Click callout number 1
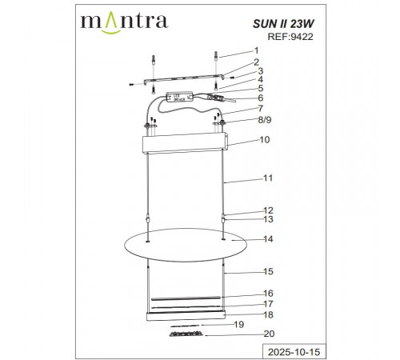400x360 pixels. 257,50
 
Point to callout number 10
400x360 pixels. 264,139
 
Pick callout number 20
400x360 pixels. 269,334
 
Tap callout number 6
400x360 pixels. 260,98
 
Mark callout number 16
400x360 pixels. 269,294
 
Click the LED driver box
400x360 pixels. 178,96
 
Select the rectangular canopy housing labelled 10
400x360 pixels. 185,145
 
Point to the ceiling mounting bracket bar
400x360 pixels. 180,81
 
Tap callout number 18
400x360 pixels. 269,315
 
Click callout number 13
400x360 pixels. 269,219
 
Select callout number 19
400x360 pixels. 238,325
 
